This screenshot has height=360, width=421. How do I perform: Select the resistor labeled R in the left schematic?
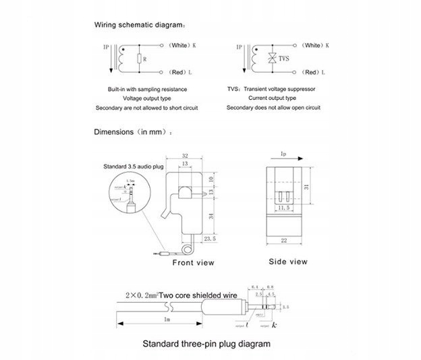click(x=138, y=59)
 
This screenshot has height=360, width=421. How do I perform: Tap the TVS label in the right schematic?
click(x=284, y=59)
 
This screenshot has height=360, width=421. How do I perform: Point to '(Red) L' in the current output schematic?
click(x=311, y=71)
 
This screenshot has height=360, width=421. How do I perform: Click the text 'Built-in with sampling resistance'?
click(x=147, y=89)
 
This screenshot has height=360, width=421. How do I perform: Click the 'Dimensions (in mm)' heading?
click(x=133, y=132)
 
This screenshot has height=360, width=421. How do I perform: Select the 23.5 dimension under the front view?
click(x=210, y=238)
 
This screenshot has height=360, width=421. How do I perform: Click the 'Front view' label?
click(x=194, y=263)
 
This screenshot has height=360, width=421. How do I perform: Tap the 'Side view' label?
click(x=288, y=262)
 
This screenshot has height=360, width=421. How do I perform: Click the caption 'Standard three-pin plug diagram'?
click(x=206, y=344)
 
